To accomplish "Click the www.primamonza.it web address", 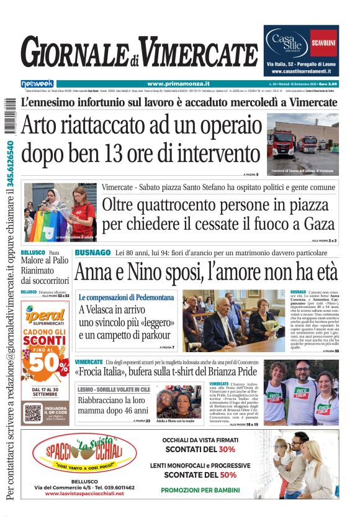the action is [178, 84].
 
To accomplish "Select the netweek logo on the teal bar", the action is [37, 84].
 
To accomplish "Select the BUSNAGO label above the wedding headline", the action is [92, 253].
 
